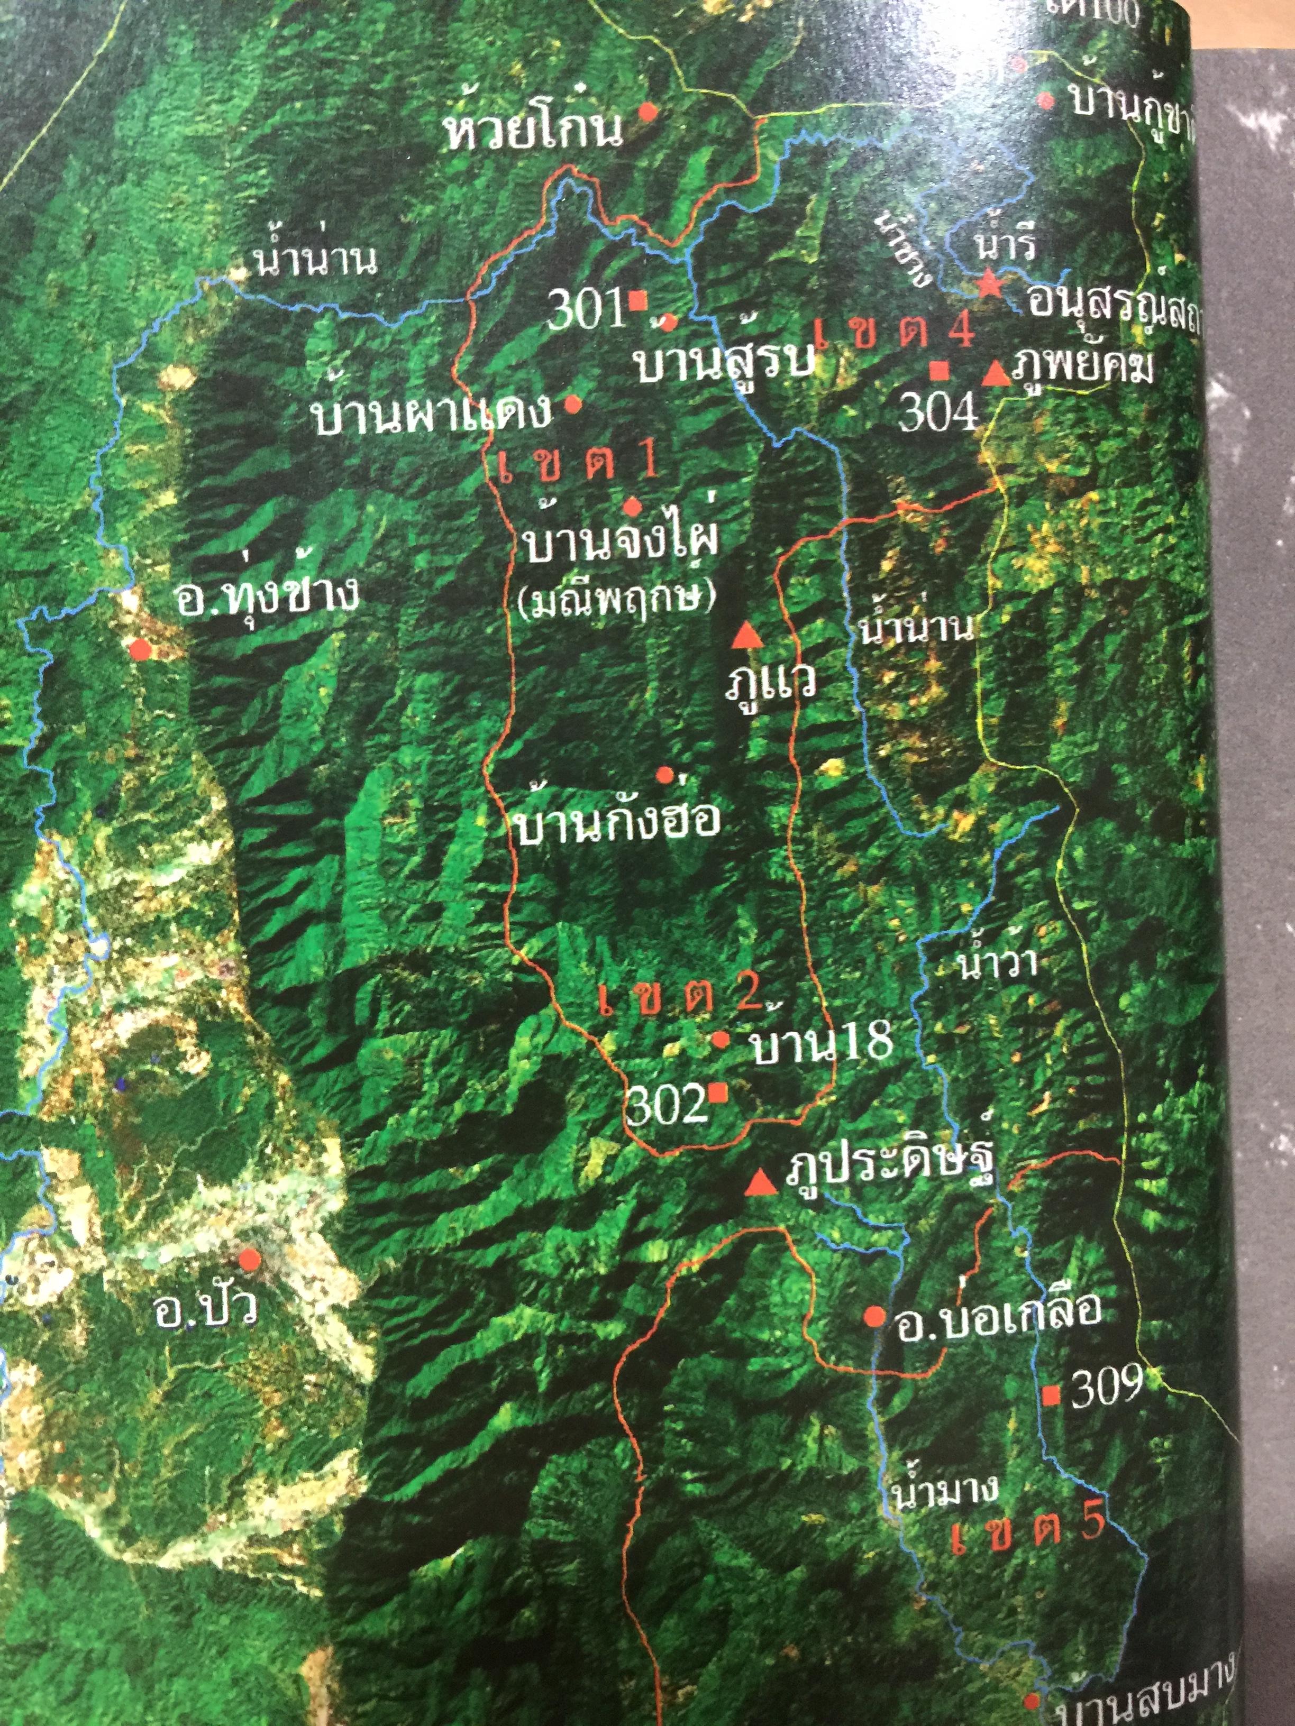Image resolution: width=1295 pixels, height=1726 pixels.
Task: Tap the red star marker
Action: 990,284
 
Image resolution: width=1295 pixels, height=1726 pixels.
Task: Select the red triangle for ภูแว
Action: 748,636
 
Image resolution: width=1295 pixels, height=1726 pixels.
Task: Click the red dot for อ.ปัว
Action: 250,1259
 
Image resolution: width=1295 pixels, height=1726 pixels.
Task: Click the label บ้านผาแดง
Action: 432,415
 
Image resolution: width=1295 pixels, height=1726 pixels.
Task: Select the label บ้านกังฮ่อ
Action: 617,822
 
